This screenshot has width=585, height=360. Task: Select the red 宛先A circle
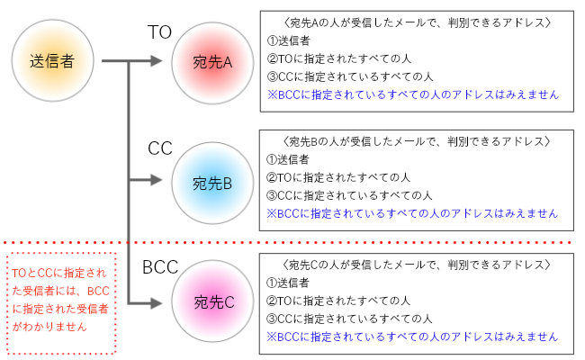[x=212, y=62]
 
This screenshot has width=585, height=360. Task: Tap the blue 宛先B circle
[x=212, y=184]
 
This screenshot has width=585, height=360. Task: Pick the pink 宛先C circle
[x=212, y=302]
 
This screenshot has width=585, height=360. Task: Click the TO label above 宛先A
[x=160, y=32]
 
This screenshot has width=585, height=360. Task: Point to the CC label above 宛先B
[x=160, y=148]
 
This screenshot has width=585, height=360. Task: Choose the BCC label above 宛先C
[x=160, y=267]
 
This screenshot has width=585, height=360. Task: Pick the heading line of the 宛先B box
[x=416, y=142]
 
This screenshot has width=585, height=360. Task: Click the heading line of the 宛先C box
[x=416, y=265]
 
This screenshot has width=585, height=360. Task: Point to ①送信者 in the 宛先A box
[x=288, y=40]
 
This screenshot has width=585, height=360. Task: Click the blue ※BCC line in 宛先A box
[x=412, y=94]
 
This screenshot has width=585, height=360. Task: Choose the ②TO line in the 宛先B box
[x=338, y=177]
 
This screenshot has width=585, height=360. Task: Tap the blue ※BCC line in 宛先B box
[x=412, y=213]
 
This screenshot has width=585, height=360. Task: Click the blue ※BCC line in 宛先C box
[x=412, y=336]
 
